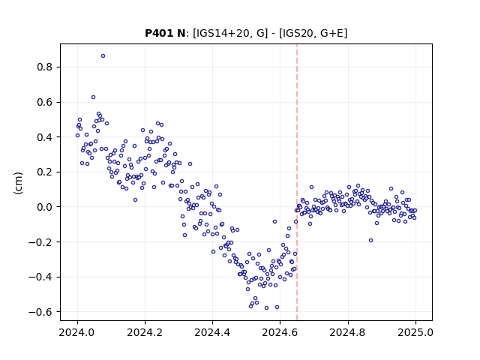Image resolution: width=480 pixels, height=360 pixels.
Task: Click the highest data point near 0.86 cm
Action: [x=103, y=56]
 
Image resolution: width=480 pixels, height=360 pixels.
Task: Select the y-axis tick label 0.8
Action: [x=44, y=67]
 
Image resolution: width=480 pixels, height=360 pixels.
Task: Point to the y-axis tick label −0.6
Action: [x=40, y=312]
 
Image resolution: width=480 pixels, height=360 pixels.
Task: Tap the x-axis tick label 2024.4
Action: [x=212, y=332]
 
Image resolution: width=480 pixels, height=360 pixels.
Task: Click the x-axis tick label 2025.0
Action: [x=415, y=332]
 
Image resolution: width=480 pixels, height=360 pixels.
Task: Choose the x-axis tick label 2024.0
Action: [x=77, y=332]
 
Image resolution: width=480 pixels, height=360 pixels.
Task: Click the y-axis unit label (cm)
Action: [x=18, y=183]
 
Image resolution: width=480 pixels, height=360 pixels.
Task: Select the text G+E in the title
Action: [x=331, y=33]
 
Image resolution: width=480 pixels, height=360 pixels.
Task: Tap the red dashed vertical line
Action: [x=297, y=182]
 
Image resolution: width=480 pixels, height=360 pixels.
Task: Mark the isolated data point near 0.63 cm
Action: [x=93, y=97]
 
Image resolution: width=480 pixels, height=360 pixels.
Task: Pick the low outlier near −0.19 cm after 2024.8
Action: [x=370, y=241]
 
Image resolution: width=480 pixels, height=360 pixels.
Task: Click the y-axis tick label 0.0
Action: [x=44, y=207]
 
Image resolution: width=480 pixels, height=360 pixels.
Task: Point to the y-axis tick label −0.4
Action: [x=40, y=277]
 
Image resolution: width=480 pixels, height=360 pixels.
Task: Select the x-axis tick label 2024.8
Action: [x=347, y=332]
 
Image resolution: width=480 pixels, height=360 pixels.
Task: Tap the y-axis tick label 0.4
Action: [x=44, y=137]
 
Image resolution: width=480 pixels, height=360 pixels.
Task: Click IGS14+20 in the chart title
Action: [x=223, y=33]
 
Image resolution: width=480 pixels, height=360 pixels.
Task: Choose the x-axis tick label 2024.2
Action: [x=145, y=332]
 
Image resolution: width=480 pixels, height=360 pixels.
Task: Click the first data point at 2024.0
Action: [x=77, y=135]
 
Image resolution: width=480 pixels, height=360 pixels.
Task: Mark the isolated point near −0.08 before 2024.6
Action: [x=275, y=222]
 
